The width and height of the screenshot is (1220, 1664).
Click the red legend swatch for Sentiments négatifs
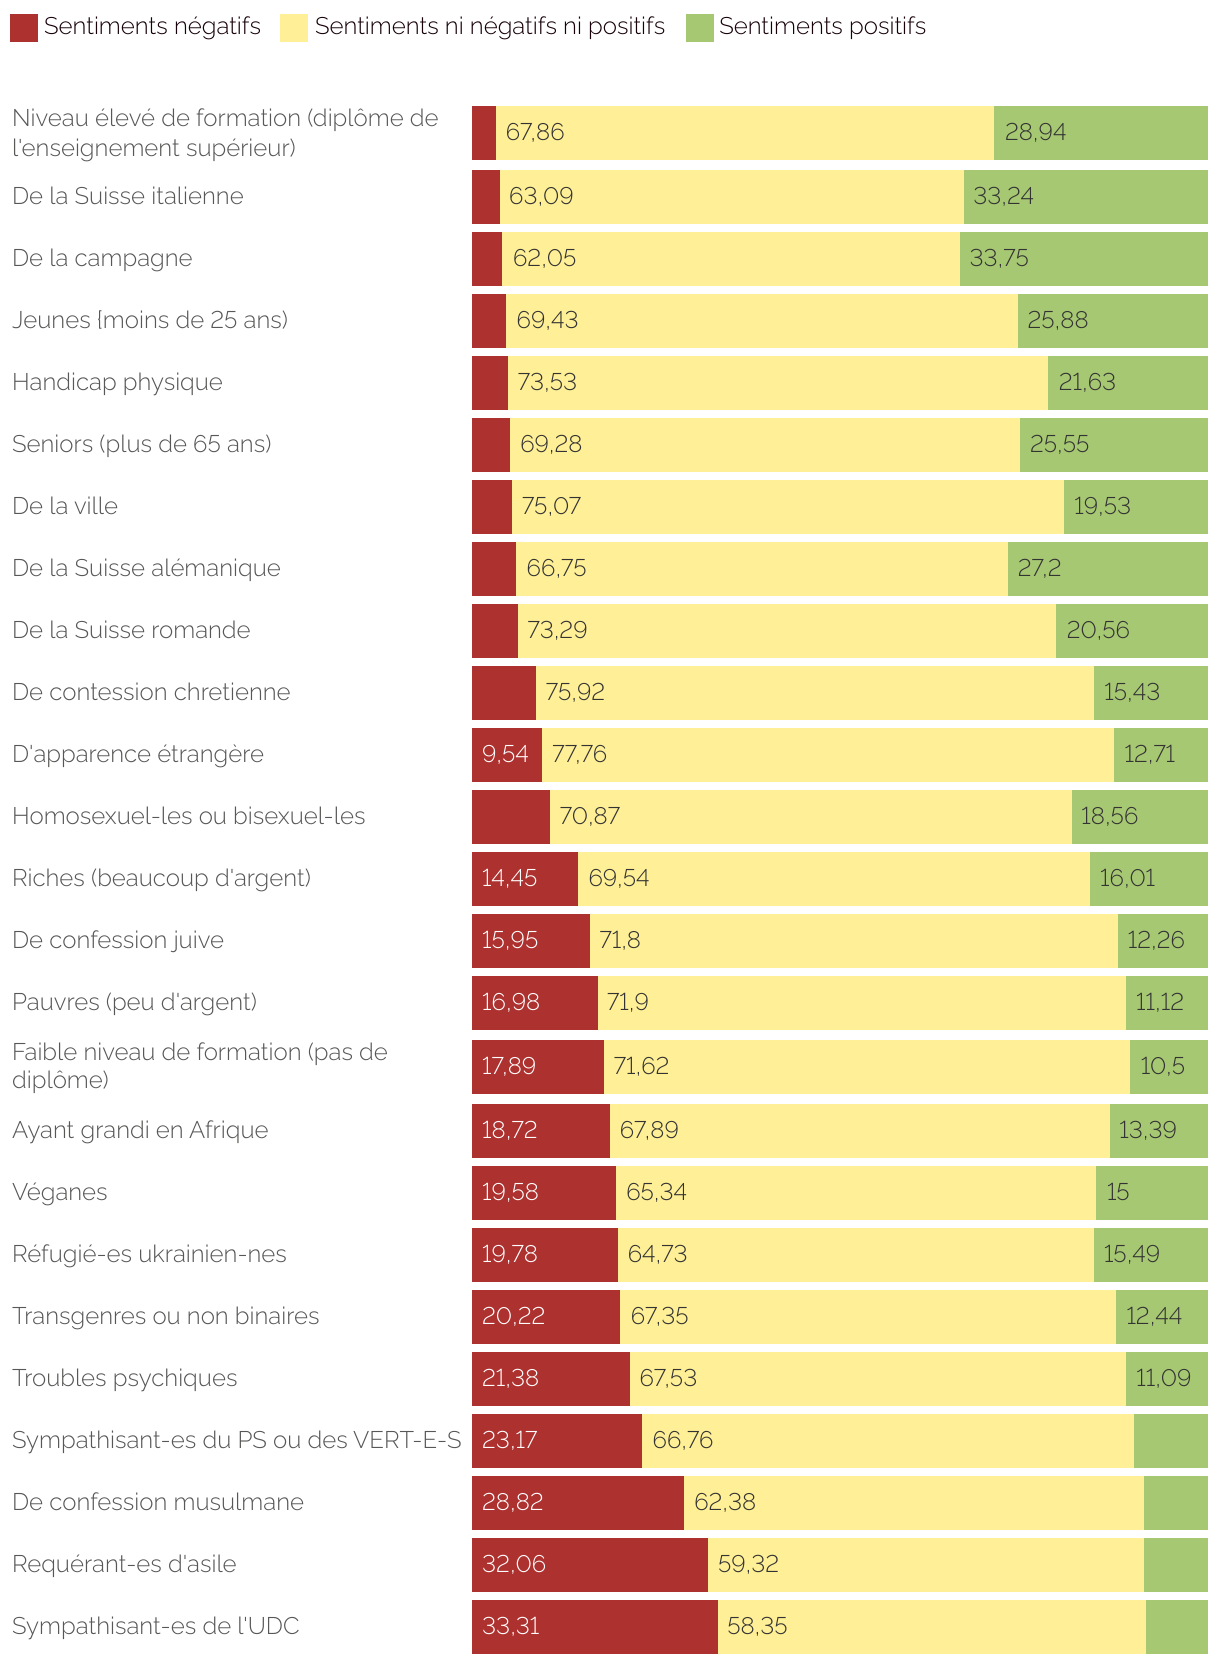tap(24, 28)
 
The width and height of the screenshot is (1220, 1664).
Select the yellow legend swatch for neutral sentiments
tap(294, 28)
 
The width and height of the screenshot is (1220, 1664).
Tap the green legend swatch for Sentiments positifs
tap(699, 28)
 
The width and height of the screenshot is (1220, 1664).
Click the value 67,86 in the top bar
tap(535, 132)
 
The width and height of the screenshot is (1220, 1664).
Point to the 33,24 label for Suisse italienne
tap(1003, 196)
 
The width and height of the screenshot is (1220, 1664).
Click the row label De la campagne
tap(102, 258)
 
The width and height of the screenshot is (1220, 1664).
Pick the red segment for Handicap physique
tap(490, 382)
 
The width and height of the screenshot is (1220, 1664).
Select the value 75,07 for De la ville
tap(551, 506)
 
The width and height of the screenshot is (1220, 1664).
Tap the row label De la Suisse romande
tap(131, 630)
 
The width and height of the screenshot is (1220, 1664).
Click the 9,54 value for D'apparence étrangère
tap(505, 754)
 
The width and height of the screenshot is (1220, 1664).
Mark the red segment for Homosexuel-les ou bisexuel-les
tap(510, 816)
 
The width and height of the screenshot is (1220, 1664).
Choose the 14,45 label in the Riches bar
tap(509, 878)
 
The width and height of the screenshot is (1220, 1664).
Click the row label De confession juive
tap(118, 940)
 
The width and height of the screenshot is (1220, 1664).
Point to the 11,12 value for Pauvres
tap(1160, 1002)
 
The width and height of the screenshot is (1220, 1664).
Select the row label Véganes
tap(60, 1192)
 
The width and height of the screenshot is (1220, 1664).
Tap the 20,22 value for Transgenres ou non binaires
tap(513, 1316)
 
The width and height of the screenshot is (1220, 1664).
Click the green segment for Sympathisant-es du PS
tap(1170, 1440)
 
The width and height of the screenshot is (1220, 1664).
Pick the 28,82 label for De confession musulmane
tap(512, 1502)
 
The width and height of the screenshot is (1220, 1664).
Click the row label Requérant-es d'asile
tap(124, 1564)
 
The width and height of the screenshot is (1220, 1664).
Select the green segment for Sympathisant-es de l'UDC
tap(1176, 1626)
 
